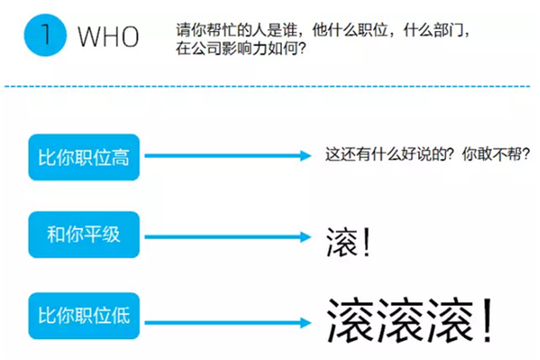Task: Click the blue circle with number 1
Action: (x=45, y=35)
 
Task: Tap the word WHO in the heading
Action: (x=108, y=37)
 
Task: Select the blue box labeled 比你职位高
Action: (x=84, y=158)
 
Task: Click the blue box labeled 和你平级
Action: (x=84, y=235)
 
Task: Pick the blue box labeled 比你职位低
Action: (x=84, y=316)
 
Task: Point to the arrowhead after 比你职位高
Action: (x=306, y=156)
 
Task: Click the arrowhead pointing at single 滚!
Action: (x=306, y=237)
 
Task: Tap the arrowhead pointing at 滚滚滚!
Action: (x=306, y=322)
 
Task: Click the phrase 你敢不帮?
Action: (x=496, y=154)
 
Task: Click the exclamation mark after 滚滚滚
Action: (x=488, y=320)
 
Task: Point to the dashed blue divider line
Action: (x=267, y=86)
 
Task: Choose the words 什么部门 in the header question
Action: (x=433, y=30)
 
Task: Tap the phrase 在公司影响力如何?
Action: (x=241, y=48)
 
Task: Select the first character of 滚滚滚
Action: (x=351, y=321)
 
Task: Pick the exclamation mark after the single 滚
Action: (x=367, y=242)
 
